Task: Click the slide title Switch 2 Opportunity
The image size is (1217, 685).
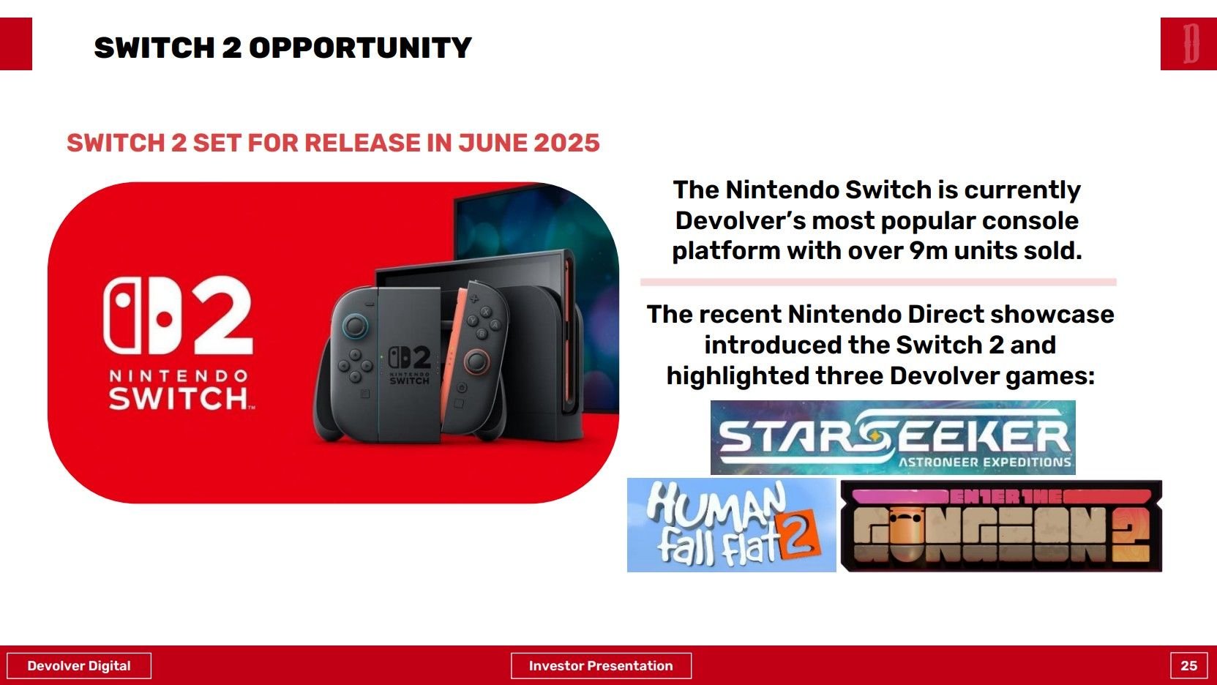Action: click(282, 48)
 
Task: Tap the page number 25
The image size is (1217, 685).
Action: click(1188, 665)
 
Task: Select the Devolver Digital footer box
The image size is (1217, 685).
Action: click(79, 665)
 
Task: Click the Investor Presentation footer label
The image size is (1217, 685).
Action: click(601, 665)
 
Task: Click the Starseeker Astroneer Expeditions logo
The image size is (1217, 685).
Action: click(893, 438)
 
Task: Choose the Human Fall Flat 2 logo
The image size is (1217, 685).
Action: click(731, 525)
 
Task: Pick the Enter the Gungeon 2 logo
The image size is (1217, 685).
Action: click(1001, 526)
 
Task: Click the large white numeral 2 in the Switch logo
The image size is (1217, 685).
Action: click(222, 315)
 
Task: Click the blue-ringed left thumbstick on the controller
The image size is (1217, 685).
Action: click(355, 326)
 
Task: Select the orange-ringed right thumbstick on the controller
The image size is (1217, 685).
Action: click(476, 362)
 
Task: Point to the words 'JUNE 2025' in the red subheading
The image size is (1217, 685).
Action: click(529, 143)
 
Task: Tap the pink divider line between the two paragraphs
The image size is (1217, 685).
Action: click(878, 282)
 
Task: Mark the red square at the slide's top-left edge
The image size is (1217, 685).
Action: click(16, 43)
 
